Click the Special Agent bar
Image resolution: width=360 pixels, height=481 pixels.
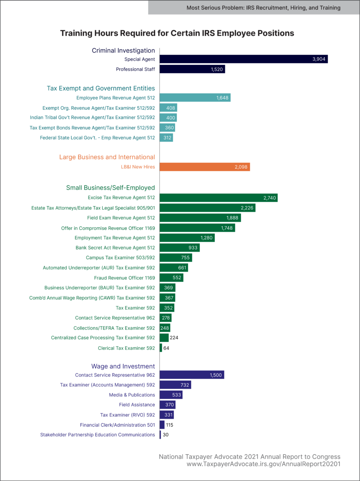tap(244, 59)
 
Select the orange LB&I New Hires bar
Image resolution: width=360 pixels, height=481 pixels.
tap(204, 167)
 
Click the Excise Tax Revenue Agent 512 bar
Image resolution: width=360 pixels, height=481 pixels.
tap(218, 198)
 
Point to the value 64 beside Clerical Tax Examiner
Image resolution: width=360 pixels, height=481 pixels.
tap(166, 348)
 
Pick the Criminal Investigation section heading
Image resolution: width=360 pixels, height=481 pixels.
tap(123, 51)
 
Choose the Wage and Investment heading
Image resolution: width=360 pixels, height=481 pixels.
tap(123, 366)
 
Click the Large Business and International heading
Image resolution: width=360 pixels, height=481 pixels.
tap(107, 157)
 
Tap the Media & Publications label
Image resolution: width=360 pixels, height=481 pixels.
tap(132, 395)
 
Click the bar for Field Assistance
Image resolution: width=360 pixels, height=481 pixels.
tap(167, 405)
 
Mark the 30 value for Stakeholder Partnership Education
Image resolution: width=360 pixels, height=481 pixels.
tap(166, 435)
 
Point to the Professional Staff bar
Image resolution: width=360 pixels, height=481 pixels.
tap(192, 69)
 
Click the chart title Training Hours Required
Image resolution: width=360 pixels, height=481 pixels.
tap(177, 33)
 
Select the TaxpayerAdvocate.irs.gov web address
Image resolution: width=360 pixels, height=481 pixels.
tap(263, 464)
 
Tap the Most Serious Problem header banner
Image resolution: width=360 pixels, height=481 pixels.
tap(254, 8)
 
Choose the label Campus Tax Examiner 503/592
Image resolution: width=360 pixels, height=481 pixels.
tap(120, 258)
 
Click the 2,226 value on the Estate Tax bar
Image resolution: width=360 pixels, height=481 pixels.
tap(247, 208)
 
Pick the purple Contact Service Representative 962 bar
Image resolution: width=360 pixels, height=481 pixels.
tap(192, 375)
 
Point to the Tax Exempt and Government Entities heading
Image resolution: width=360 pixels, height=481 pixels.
tap(101, 88)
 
